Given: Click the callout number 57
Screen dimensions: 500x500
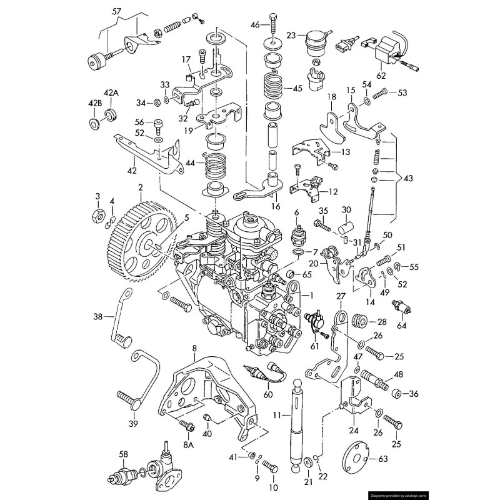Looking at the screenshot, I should pos(116,11).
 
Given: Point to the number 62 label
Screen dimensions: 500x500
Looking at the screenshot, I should pos(381,76).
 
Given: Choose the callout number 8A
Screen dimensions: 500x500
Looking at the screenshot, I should pos(188,444).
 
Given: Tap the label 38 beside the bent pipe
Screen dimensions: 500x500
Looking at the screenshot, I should pos(97,316).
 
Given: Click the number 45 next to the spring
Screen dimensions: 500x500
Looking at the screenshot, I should pos(297,88).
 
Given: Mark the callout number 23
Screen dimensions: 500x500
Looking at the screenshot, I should pos(291,36).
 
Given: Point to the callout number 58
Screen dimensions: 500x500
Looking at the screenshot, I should pos(123,454).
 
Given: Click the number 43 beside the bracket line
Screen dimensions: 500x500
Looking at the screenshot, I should pos(408,178).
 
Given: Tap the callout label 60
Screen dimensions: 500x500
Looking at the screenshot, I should pos(267,395).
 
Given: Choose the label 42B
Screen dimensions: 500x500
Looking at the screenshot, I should pos(95,103).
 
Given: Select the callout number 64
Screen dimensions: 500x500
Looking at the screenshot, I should pos(401,325).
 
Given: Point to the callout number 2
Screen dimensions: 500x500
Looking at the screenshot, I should pos(141,187).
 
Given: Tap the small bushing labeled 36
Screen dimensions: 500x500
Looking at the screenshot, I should pos(396,393).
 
